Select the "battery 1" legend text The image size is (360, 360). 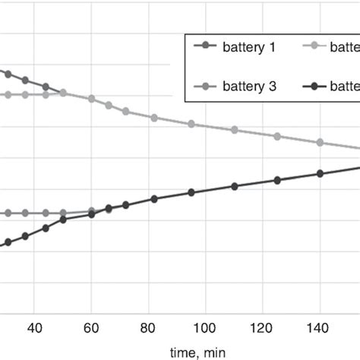(248, 47)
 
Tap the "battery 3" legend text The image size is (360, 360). (248, 87)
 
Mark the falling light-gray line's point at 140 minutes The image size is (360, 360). (320, 143)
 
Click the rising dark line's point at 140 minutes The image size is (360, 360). (320, 174)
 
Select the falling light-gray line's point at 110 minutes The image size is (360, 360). (234, 130)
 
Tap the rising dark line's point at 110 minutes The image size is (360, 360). (234, 186)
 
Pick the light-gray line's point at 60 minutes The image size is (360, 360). (91, 99)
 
